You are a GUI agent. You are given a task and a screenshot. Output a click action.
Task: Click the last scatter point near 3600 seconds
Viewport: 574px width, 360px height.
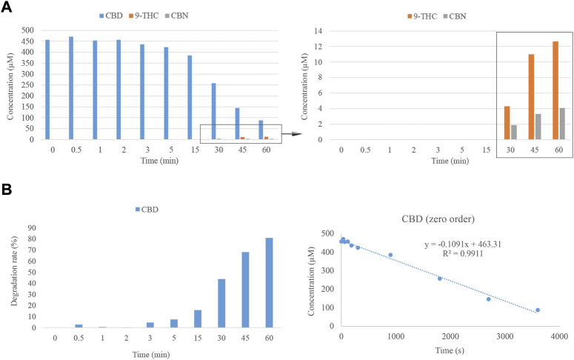click(x=538, y=310)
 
